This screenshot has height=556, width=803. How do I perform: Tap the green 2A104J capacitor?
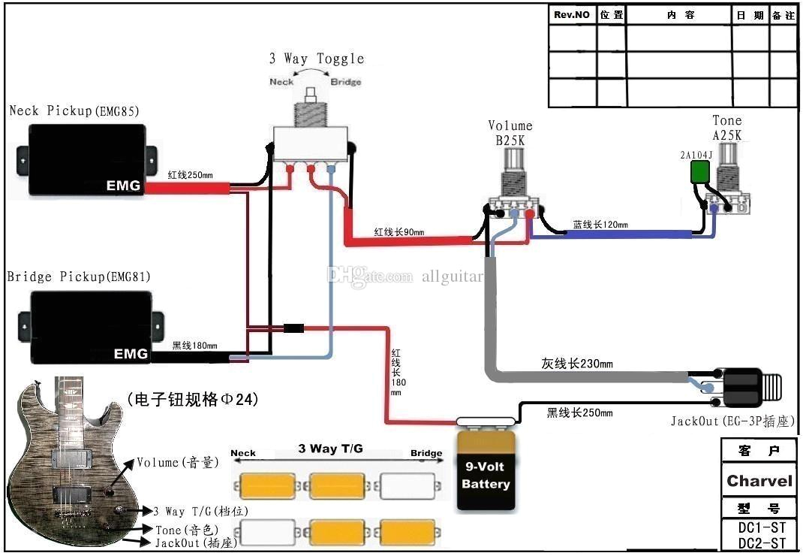tap(699, 172)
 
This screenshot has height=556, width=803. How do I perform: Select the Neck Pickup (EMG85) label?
tap(74, 111)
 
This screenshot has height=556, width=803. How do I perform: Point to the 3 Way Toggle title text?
tap(317, 59)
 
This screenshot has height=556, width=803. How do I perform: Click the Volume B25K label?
tap(510, 132)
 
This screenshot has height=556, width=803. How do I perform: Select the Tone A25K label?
tap(726, 128)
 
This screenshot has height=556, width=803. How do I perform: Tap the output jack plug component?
tap(750, 386)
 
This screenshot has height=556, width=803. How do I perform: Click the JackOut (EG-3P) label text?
tap(732, 421)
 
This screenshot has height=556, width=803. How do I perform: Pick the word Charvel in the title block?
tap(759, 481)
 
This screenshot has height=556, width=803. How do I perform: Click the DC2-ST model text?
tap(761, 542)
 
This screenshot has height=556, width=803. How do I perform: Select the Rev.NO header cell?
tap(572, 15)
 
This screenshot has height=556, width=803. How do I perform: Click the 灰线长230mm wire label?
tap(576, 364)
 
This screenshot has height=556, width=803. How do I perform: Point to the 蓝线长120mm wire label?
tap(600, 225)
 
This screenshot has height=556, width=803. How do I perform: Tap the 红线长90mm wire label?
tap(400, 232)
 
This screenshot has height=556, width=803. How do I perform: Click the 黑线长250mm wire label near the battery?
tap(579, 413)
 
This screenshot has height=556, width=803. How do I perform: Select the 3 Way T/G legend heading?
tap(330, 449)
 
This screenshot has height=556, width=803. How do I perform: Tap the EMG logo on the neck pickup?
tap(122, 186)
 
